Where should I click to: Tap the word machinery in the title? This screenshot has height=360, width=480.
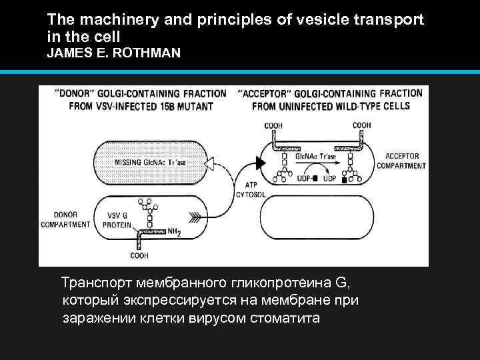coord(107,21)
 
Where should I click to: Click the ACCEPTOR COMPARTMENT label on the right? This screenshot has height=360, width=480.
coord(401,161)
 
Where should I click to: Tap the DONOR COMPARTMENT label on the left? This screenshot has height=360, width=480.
coord(66,220)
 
